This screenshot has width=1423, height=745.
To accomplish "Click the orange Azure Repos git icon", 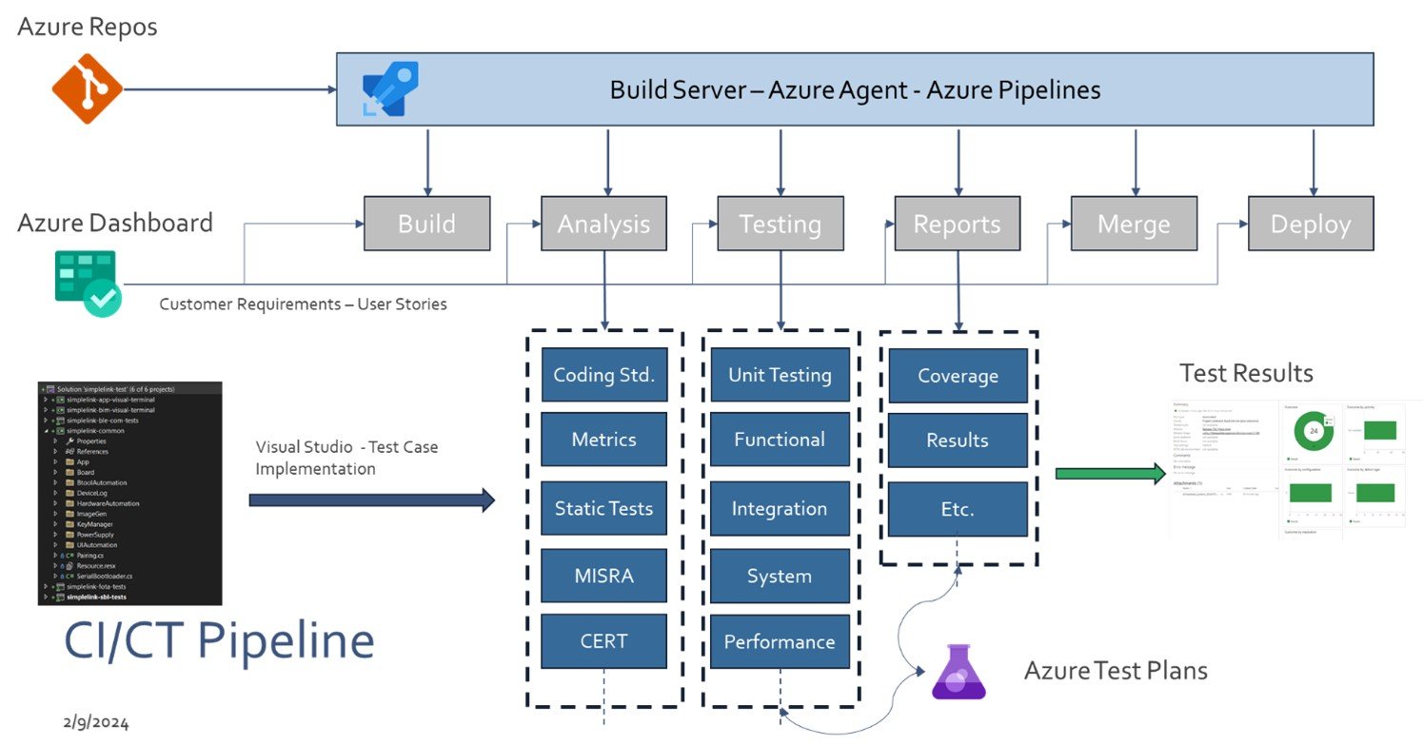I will pos(87,88).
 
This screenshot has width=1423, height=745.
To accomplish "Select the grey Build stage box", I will pos(426,224).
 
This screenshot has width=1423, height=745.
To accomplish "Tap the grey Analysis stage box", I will pos(603,224).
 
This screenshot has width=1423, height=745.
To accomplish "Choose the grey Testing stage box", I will pos(781,224).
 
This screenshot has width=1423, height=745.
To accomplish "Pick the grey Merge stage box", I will pos(1134,224).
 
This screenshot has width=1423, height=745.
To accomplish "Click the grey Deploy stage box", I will pos(1311,224).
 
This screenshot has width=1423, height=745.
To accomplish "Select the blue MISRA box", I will pos(603,576).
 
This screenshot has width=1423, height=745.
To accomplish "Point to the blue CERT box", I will pos(603,641).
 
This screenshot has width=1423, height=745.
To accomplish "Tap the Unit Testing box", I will pos(780,375).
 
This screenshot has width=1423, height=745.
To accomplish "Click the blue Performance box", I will pos(780,641).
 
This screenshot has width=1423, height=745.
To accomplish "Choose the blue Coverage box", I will pos(958,376).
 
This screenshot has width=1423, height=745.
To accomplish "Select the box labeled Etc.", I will pos(958,509).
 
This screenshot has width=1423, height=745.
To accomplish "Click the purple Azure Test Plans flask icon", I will pos(959,672).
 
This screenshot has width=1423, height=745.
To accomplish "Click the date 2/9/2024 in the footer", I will pos(96,722).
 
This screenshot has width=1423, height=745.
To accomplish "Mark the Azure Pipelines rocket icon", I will pos(390,88).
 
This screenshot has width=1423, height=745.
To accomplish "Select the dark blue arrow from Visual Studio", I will pos(371,500).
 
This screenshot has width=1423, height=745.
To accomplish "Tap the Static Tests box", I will pos(603,508).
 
